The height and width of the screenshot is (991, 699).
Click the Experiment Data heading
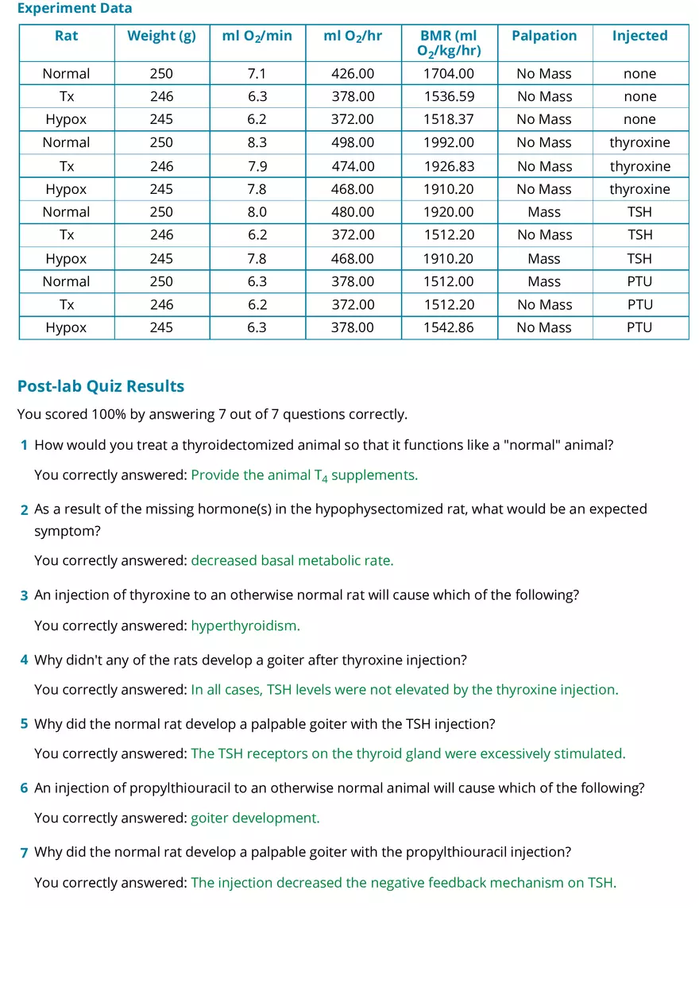(x=75, y=9)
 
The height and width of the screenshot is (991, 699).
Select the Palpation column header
(x=544, y=36)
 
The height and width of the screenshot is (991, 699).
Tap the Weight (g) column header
(x=161, y=36)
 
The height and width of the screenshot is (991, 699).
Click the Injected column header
(x=639, y=36)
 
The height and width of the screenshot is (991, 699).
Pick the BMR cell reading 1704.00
(x=449, y=74)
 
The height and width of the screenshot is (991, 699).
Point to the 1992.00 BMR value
(x=449, y=143)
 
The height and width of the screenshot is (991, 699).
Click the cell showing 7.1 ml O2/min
(x=257, y=74)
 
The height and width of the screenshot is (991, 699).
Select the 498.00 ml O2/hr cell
(x=353, y=143)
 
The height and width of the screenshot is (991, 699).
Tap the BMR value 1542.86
(x=449, y=328)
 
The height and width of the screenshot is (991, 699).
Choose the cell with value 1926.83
(x=449, y=167)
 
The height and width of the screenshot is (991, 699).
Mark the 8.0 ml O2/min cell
(x=257, y=212)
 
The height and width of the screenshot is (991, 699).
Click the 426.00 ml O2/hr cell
(x=353, y=74)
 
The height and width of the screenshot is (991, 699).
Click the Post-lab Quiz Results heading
(x=101, y=386)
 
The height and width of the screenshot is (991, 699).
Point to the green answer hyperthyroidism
(x=245, y=625)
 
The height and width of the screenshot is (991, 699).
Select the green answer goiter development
(x=255, y=819)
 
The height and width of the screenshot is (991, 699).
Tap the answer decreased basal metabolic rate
(x=292, y=561)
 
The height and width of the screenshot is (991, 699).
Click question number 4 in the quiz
(x=25, y=660)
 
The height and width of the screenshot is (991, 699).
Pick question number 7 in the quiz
(x=25, y=853)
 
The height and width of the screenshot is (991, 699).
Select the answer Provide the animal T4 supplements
(x=304, y=475)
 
